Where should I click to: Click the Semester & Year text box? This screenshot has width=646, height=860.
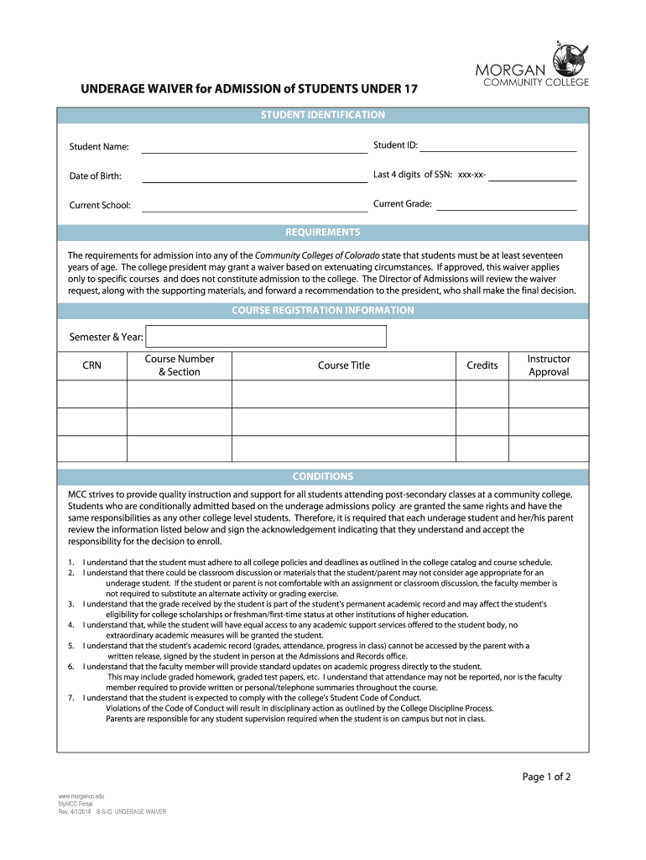click(x=265, y=337)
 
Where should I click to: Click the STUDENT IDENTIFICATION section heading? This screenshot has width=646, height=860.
click(x=323, y=115)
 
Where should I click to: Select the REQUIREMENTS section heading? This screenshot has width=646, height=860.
click(x=323, y=233)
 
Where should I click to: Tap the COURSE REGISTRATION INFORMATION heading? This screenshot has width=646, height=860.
click(x=323, y=311)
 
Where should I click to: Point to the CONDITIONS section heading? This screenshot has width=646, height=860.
click(x=323, y=476)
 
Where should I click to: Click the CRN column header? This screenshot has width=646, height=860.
click(x=91, y=365)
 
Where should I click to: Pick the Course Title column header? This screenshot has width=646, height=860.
click(x=343, y=365)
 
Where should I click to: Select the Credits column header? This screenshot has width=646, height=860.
click(x=482, y=365)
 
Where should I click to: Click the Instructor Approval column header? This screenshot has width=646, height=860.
click(x=549, y=365)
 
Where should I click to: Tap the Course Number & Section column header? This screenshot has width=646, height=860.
click(x=180, y=365)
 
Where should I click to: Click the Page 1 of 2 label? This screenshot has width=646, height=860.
click(x=546, y=777)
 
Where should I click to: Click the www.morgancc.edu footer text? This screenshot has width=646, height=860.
click(x=81, y=795)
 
